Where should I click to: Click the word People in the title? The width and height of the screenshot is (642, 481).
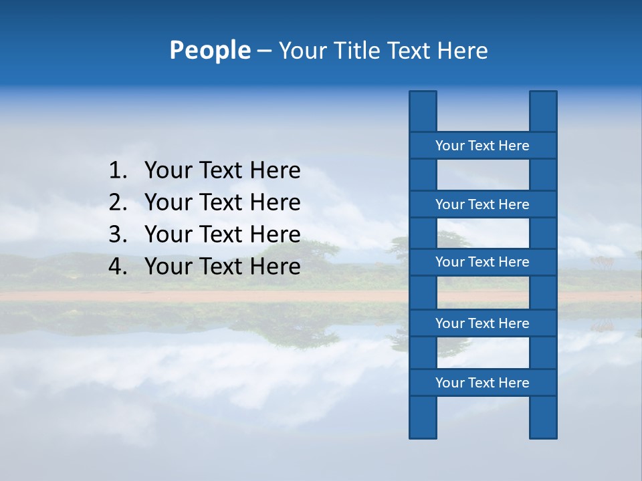[209, 50]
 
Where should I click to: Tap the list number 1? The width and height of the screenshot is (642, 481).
[117, 171]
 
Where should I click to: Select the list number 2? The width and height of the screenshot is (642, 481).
[117, 202]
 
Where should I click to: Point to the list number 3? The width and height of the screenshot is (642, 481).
[117, 234]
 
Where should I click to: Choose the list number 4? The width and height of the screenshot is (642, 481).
[117, 267]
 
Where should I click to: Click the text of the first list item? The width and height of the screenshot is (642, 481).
[222, 171]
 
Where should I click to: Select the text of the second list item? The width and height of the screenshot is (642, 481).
[222, 202]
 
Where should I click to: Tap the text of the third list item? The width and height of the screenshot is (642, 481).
[222, 234]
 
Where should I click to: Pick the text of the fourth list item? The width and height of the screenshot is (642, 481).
[222, 267]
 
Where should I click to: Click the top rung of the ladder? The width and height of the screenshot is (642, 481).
[482, 146]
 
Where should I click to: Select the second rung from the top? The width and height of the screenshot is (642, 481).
[482, 204]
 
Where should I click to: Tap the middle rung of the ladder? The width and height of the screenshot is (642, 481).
[482, 262]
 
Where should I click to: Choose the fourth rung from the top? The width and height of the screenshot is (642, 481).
[482, 323]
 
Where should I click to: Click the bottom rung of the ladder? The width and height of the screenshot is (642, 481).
[482, 383]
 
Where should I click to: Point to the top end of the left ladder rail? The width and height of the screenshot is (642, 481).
[423, 100]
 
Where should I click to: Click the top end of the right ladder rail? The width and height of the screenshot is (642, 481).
[543, 100]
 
